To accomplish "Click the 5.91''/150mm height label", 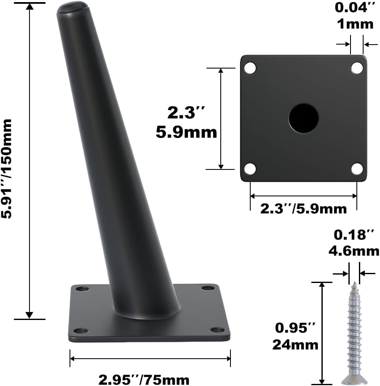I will (8, 168).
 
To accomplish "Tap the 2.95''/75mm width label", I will (144, 380).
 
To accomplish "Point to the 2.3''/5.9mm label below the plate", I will (303, 208).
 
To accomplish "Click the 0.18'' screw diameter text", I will (353, 234).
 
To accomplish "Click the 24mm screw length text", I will (295, 344).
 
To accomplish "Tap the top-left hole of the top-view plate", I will (250, 68).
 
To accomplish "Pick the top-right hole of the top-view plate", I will (357, 68).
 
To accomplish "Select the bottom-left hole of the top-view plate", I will (250, 169).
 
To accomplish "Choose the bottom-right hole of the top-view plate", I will (357, 169).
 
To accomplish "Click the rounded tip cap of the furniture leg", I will (72, 8).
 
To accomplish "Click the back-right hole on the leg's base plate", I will (207, 288).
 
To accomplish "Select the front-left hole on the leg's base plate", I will (81, 330).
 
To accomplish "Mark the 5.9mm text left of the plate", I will (186, 132).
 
